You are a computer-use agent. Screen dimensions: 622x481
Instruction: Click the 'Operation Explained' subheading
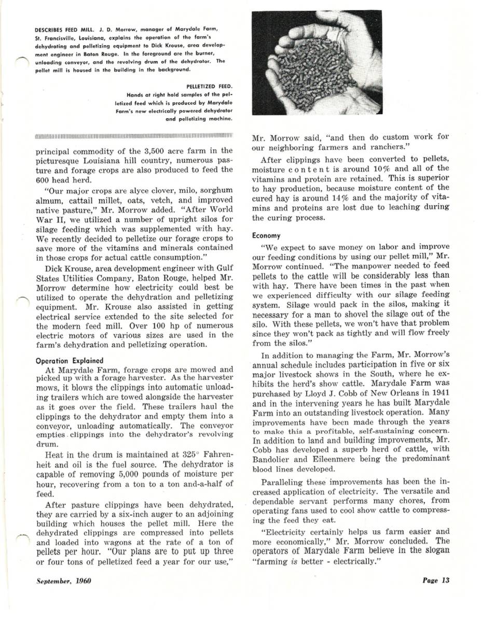click(x=70, y=361)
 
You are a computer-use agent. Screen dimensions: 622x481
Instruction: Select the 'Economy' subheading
click(x=266, y=235)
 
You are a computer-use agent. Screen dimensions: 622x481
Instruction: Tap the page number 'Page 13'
click(x=435, y=580)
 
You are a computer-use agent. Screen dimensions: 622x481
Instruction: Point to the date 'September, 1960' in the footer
click(x=64, y=580)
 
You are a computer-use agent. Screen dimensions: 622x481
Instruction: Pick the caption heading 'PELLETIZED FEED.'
click(x=209, y=86)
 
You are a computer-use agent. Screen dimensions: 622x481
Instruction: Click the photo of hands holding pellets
click(x=317, y=62)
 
